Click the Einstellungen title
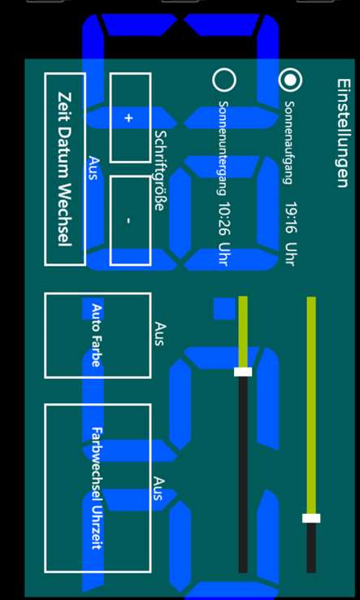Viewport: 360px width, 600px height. [343, 133]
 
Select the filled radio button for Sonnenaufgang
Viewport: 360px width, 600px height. [290, 80]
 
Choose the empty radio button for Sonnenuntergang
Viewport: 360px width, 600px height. [223, 80]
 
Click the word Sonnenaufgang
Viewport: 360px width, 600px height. [289, 142]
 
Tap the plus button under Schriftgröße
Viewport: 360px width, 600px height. [131, 118]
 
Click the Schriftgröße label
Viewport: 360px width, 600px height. [161, 171]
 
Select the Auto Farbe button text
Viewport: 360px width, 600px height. [97, 335]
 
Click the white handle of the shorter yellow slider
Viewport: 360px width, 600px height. [243, 372]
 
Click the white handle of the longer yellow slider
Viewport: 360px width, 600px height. [311, 518]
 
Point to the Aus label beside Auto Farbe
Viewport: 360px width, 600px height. [160, 334]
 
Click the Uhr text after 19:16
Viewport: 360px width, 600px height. [291, 254]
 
